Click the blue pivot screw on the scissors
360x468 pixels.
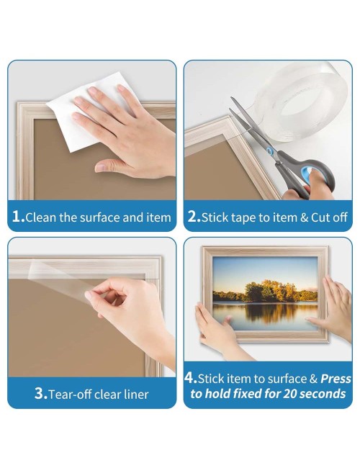click(x=270, y=151)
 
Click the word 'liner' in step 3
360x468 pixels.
click(x=136, y=395)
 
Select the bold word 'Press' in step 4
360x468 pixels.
click(x=336, y=379)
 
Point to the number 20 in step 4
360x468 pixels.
click(x=289, y=394)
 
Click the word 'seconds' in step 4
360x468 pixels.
click(x=323, y=394)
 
